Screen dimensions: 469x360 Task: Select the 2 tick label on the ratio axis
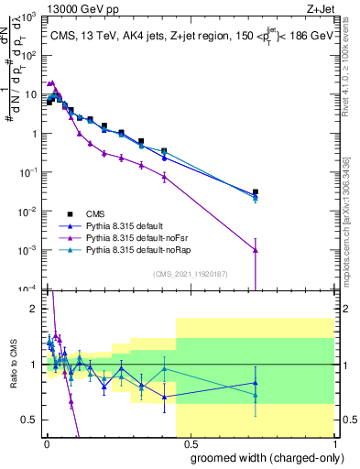coord(34,309)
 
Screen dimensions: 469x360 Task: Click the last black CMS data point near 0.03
coord(256,192)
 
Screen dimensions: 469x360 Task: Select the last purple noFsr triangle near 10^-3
coord(256,249)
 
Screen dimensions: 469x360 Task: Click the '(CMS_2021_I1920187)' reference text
coord(190,272)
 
